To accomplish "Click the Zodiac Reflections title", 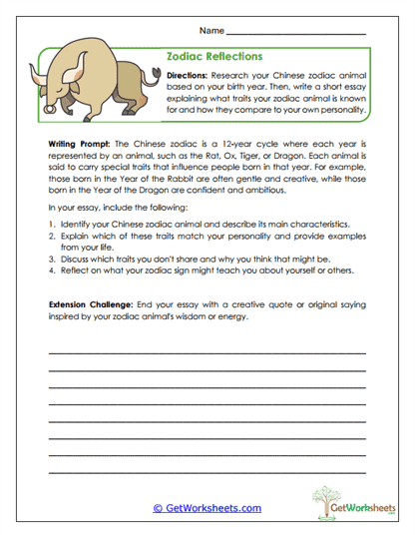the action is click(213, 57).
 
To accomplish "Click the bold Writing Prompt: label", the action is click(81, 145).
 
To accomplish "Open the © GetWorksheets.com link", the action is click(207, 507).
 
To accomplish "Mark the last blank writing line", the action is click(207, 472).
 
